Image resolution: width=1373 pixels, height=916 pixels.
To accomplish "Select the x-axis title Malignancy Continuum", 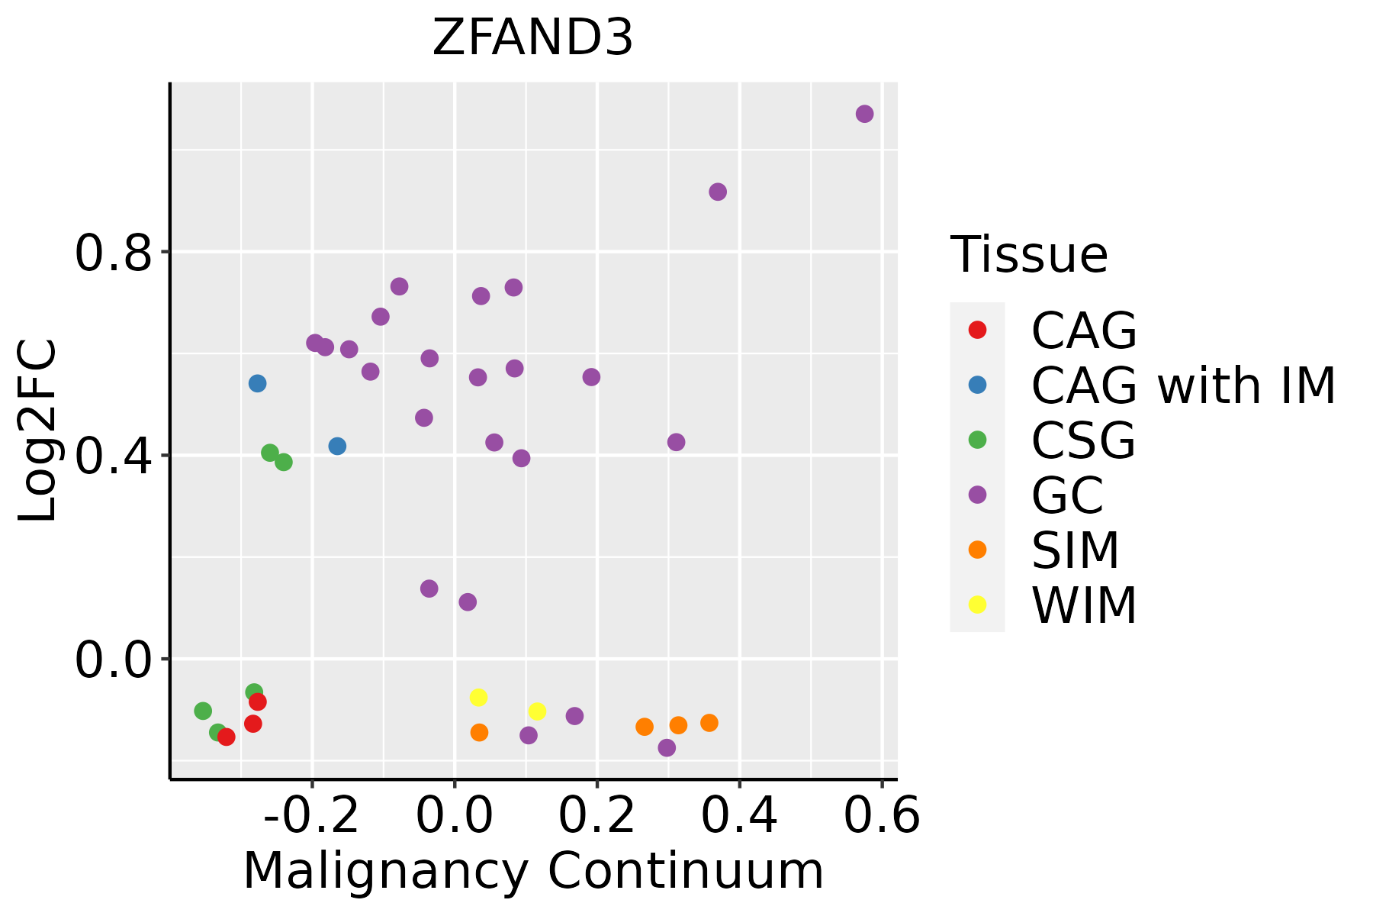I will click(533, 871).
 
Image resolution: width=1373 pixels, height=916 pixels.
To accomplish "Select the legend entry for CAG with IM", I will click(1182, 385).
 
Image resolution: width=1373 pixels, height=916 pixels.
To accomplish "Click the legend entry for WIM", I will click(1083, 605).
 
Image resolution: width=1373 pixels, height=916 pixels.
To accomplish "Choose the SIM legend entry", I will click(1075, 550).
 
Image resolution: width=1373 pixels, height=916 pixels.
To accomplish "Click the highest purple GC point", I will click(864, 114).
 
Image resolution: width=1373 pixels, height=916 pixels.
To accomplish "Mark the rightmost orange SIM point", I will click(709, 722).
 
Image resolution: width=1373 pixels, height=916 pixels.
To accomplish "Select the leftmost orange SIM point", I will click(479, 732).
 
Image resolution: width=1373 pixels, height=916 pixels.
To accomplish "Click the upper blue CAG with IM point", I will click(257, 383).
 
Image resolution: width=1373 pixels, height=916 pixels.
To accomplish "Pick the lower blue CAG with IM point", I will click(337, 446).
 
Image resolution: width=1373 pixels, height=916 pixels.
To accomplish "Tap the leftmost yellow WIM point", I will click(478, 697).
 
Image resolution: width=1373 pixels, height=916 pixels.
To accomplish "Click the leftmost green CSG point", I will click(203, 711).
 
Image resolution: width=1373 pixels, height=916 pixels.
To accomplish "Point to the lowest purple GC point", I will click(667, 747).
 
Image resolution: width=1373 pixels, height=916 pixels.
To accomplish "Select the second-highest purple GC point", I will click(718, 192).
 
